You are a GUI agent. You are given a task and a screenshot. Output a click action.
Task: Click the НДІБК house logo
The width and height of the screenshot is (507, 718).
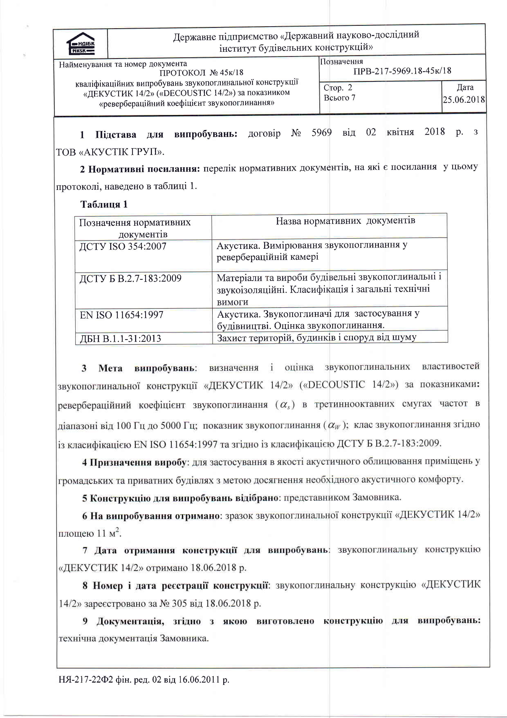pos(81,44)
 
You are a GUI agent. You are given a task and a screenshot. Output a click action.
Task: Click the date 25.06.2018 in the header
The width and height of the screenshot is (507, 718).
pos(464,100)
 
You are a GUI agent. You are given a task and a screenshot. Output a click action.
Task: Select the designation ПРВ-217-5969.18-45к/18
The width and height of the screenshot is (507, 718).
pos(402,71)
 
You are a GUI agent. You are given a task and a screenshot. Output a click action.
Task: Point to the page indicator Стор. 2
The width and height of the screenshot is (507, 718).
pos(338,88)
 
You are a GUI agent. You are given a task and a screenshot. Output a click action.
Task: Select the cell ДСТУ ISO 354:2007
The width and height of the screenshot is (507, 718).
pos(123,246)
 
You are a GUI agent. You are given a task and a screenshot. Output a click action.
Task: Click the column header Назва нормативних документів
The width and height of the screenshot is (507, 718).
pos(345,221)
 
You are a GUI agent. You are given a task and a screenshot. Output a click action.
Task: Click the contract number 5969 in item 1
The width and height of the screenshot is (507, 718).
pos(321,133)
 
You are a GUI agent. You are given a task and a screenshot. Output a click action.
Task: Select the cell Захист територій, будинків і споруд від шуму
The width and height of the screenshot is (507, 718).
pos(316,338)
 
